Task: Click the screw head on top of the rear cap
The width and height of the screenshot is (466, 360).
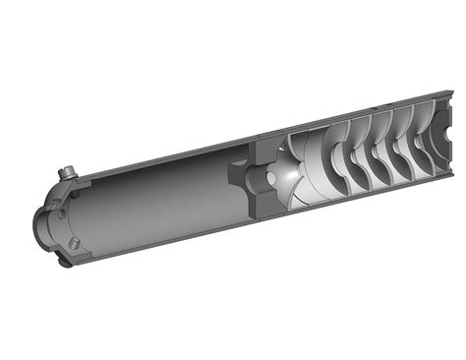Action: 67,173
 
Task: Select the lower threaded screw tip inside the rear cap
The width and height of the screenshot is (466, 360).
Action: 74,242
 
